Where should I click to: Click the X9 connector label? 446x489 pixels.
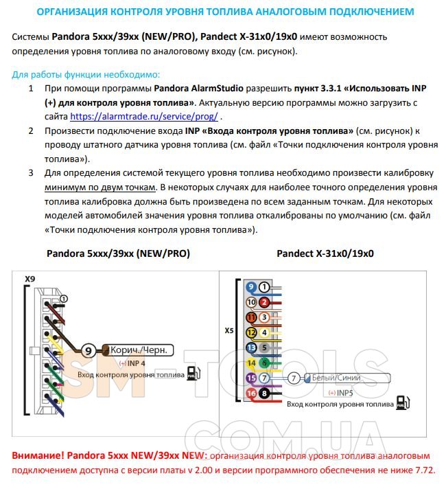pos(30,279)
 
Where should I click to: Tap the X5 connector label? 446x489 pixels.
pos(229,331)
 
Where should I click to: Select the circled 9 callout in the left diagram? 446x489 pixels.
pos(88,350)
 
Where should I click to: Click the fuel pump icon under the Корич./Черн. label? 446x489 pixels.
pos(192,374)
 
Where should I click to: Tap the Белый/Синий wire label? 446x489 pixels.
pos(336,378)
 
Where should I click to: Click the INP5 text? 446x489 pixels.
pos(344,392)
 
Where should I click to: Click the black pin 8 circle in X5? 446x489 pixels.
pos(265,394)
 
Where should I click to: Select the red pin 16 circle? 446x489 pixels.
pos(250,394)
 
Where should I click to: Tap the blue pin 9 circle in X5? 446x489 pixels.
pos(250,287)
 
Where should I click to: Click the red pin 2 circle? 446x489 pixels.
pos(265,302)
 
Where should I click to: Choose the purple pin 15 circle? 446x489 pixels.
pos(250,378)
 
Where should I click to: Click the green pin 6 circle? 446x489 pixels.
pos(265,363)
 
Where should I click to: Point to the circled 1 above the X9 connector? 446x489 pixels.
pos(64,299)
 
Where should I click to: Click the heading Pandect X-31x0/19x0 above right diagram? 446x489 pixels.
pos(325,253)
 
